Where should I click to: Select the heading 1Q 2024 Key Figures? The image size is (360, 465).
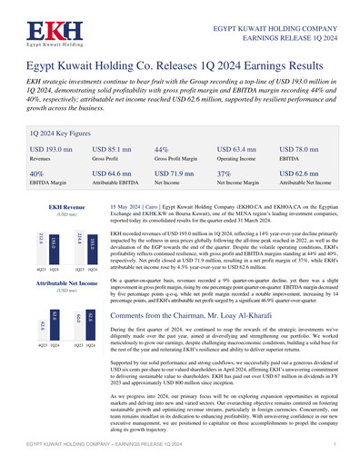(65, 131)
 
